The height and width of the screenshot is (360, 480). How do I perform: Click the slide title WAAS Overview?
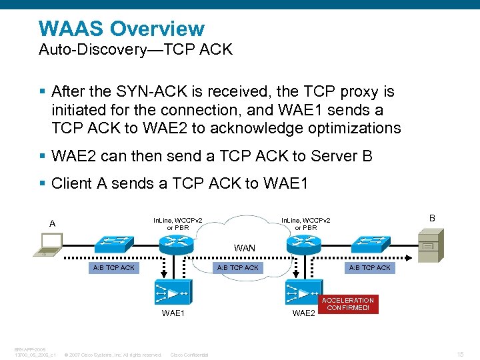tap(121, 29)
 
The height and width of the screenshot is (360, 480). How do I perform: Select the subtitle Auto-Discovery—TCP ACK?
tap(136, 50)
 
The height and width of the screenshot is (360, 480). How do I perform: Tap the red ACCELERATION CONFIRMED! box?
tap(349, 304)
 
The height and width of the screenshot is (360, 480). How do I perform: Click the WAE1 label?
tap(173, 313)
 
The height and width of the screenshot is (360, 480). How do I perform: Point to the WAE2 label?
tap(303, 313)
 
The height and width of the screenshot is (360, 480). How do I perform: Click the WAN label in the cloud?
tap(244, 248)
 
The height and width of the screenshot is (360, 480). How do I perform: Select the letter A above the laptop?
tap(52, 223)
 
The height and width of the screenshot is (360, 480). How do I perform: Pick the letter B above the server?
tap(431, 218)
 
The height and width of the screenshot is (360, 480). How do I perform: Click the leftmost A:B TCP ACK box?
tap(113, 267)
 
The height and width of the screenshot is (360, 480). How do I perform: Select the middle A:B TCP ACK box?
tap(238, 267)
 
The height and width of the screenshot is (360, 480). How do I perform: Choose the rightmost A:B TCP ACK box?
tap(370, 267)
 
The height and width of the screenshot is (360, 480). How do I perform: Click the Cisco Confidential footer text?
tap(189, 355)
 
